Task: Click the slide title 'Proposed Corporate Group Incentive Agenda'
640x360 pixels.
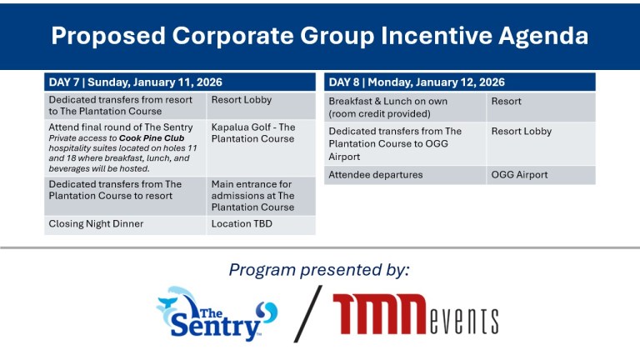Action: (x=319, y=36)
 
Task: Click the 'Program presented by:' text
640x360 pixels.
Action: (x=319, y=269)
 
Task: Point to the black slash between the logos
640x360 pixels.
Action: (x=307, y=313)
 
